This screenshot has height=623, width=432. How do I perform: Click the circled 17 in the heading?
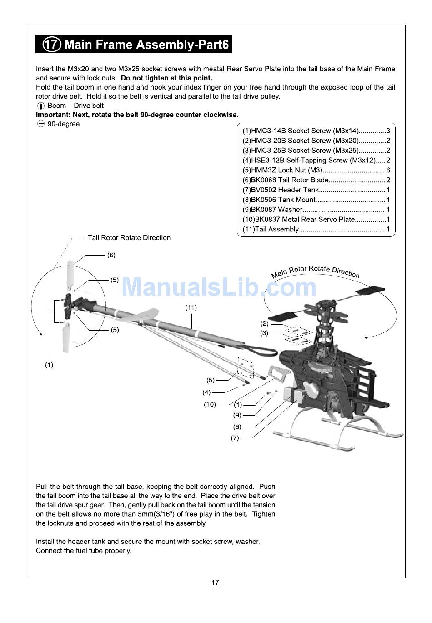point(51,44)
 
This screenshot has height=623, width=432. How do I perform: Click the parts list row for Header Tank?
point(316,190)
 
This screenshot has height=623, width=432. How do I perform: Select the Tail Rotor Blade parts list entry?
point(316,180)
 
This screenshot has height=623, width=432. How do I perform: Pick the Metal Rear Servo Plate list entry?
point(316,220)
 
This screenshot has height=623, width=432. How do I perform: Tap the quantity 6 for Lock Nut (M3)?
point(388,170)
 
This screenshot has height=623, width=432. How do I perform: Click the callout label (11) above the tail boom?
point(191,307)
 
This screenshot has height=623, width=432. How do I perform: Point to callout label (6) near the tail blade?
point(111,255)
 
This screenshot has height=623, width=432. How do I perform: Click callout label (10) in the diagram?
point(210,404)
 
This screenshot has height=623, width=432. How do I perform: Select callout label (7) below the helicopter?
point(235,438)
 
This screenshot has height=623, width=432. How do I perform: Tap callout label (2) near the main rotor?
point(264,323)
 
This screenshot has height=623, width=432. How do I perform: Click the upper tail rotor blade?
point(70,275)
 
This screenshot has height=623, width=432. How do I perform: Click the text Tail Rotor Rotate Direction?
point(129,238)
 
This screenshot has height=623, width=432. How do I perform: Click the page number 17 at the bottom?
point(215,583)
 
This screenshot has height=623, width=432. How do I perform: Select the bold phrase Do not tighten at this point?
point(166,78)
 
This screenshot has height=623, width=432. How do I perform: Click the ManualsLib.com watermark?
point(219,287)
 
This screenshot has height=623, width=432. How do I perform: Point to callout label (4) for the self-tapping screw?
point(206,392)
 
